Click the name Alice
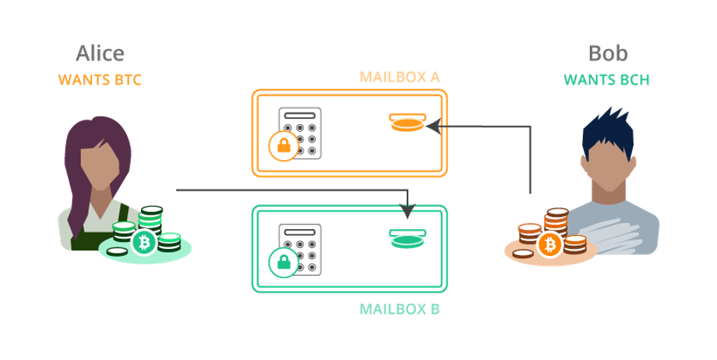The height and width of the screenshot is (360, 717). pyautogui.click(x=100, y=54)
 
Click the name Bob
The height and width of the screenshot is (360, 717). pyautogui.click(x=607, y=54)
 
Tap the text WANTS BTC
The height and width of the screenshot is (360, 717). pyautogui.click(x=100, y=80)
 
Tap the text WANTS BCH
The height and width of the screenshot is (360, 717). pyautogui.click(x=607, y=80)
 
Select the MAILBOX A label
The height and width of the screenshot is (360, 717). pyautogui.click(x=400, y=77)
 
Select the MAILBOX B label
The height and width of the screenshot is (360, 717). pyautogui.click(x=400, y=309)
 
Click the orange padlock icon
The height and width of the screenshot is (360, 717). pyautogui.click(x=283, y=146)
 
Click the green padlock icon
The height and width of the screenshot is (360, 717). pyautogui.click(x=283, y=262)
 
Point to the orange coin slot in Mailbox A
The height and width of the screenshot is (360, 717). pyautogui.click(x=408, y=123)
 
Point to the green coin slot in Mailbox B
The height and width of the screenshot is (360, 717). pyautogui.click(x=408, y=239)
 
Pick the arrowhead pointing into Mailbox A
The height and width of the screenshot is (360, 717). pyautogui.click(x=434, y=126)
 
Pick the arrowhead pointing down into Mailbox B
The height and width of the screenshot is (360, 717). pyautogui.click(x=408, y=211)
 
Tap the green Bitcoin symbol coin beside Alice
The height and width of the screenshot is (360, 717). pyautogui.click(x=145, y=243)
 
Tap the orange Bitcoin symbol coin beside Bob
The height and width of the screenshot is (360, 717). pyautogui.click(x=550, y=245)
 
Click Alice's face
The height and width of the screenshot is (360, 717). pyautogui.click(x=100, y=162)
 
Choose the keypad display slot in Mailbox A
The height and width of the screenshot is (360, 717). pyautogui.click(x=300, y=116)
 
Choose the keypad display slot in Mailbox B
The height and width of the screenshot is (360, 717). pyautogui.click(x=300, y=232)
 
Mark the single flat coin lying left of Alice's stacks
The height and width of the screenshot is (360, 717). pyautogui.click(x=117, y=252)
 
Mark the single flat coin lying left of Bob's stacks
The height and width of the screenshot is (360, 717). pyautogui.click(x=523, y=254)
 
